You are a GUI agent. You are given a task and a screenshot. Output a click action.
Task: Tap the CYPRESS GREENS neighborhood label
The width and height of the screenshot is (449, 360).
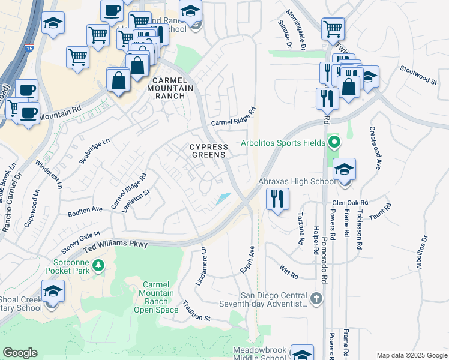coord(209,151)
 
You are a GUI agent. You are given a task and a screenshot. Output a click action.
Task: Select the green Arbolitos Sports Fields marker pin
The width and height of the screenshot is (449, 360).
coord(335,143)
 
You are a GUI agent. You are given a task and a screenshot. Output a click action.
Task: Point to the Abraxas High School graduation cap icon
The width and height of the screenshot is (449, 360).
coord(345,169)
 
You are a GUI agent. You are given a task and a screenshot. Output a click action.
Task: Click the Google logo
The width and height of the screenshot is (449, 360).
coord(20,353)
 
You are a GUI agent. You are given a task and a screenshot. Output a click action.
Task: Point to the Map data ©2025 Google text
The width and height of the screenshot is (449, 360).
coord(411,355)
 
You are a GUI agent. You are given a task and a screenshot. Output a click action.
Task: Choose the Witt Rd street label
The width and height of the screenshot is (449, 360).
coord(289,272)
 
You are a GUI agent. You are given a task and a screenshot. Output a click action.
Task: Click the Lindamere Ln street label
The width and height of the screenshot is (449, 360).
coord(200,266)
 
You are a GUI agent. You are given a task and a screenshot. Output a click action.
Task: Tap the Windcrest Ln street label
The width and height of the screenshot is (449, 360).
coord(49,174)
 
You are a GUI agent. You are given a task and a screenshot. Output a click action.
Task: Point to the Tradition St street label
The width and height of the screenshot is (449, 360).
coord(196,310)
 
